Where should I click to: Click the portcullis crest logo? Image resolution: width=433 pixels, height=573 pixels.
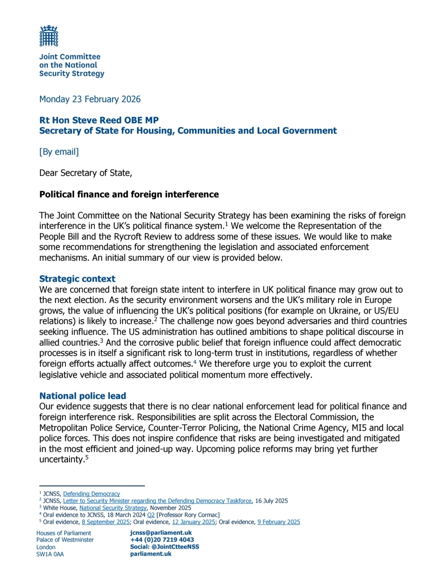49,36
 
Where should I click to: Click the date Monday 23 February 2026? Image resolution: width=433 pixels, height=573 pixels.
90,99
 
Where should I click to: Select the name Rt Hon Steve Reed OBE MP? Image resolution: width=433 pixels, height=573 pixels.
99,120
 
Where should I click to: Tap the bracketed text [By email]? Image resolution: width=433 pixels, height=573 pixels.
59,152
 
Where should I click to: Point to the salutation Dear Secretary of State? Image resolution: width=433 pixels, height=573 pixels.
86,173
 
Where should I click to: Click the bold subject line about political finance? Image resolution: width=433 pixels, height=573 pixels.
129,195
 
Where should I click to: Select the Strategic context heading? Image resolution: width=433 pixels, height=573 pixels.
77,279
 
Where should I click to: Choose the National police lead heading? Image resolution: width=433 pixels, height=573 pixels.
82,396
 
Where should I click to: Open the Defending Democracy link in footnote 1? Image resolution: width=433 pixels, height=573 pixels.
91,494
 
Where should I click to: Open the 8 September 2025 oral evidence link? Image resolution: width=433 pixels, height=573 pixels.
106,522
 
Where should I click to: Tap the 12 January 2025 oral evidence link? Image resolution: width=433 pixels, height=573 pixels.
194,522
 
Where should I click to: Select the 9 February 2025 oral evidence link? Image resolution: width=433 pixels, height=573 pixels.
279,522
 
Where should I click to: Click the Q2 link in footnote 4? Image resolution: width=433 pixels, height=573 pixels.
151,515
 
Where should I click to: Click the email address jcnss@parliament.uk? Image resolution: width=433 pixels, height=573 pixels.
161,533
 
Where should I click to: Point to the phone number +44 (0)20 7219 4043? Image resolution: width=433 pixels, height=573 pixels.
162,540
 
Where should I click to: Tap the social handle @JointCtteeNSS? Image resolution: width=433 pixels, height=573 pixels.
175,547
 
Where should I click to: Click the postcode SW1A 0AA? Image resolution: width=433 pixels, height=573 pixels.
50,554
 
